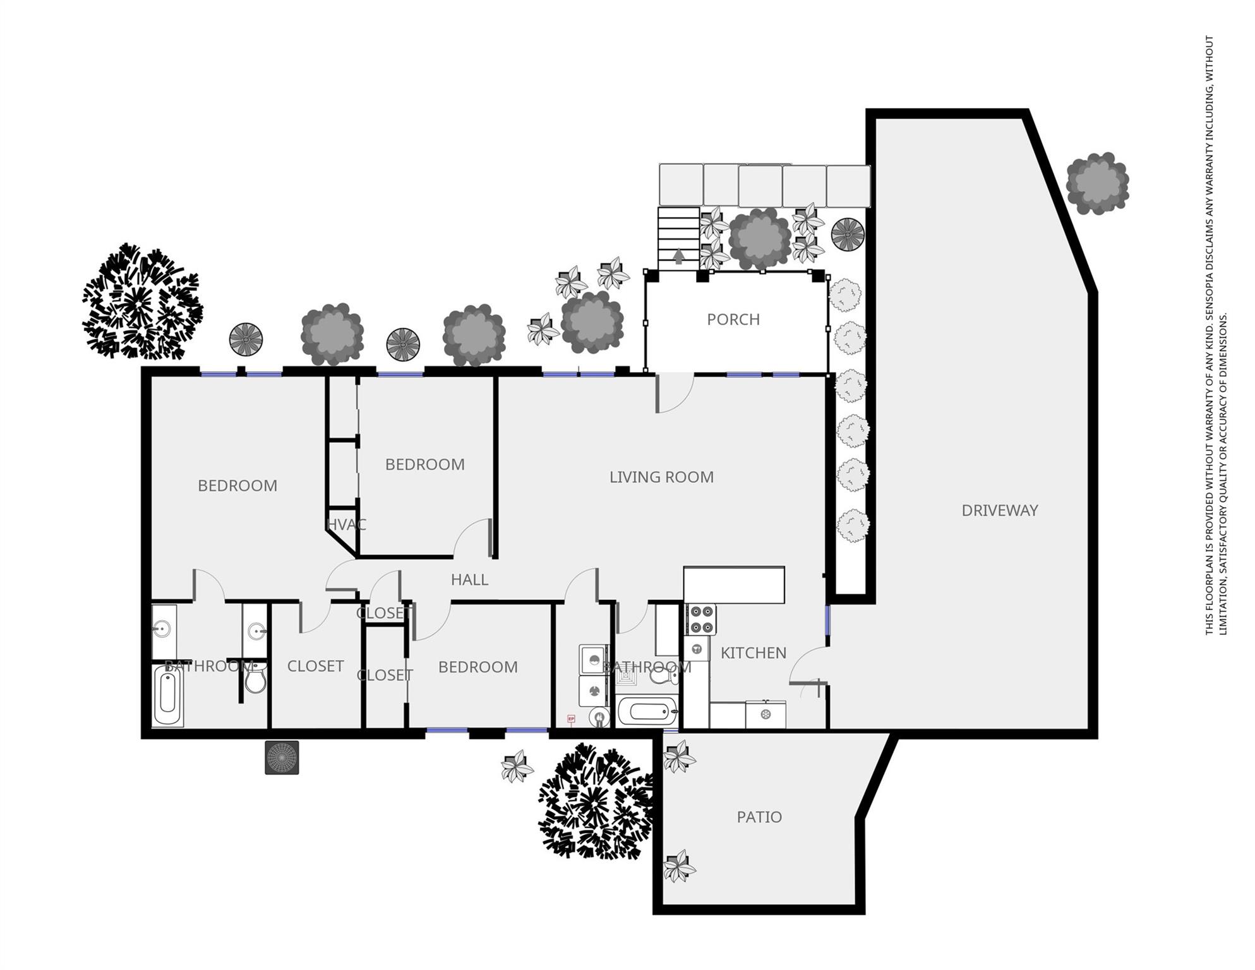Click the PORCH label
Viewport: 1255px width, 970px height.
click(733, 320)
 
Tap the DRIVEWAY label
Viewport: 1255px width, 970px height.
click(999, 510)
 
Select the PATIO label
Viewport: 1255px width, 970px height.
click(759, 817)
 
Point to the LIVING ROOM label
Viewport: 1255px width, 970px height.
click(661, 477)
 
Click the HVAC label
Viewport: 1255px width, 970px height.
click(346, 525)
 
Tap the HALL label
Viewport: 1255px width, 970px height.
click(469, 580)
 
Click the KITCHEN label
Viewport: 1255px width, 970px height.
click(753, 653)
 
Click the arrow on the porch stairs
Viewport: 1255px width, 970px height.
click(678, 256)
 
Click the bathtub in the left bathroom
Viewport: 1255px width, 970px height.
click(167, 694)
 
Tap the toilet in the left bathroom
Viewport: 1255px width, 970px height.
click(255, 679)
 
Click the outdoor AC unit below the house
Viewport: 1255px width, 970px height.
click(281, 757)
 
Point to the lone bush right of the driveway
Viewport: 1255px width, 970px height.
click(1097, 183)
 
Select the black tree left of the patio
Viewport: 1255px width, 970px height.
click(594, 802)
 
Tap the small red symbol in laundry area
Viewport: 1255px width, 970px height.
click(571, 719)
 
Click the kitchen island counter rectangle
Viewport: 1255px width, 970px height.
click(734, 585)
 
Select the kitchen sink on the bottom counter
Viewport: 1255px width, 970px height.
click(765, 715)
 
